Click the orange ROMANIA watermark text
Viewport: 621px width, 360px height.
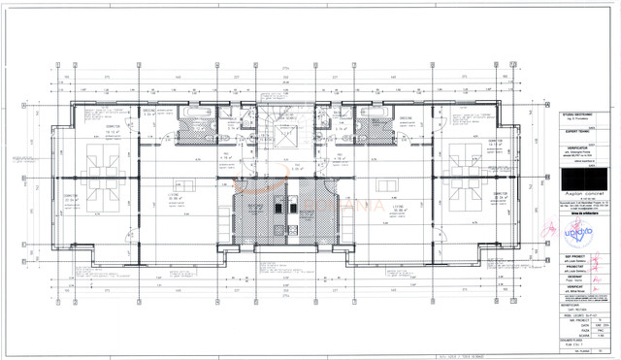pyautogui.click(x=326, y=203)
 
